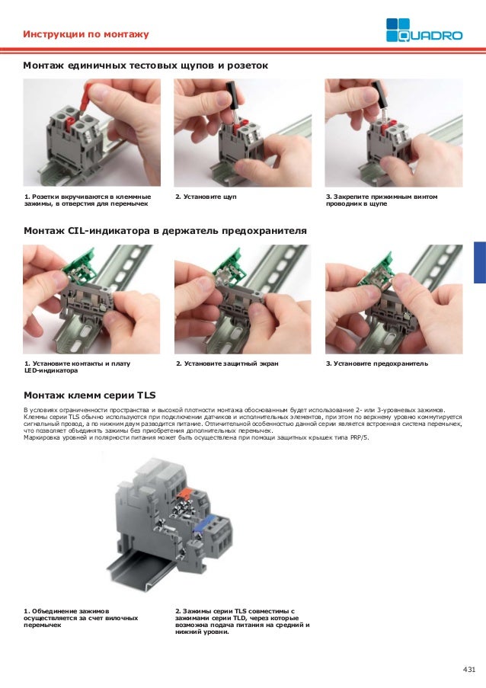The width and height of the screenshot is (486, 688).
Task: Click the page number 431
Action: (x=468, y=669)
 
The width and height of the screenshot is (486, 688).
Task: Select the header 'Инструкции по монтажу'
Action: (x=85, y=35)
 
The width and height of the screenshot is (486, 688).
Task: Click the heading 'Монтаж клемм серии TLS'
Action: (x=89, y=395)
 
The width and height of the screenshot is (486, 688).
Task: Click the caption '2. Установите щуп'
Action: (x=206, y=197)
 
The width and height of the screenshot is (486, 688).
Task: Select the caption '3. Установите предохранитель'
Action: (x=376, y=363)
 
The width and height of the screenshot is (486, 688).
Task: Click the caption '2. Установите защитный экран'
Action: (x=226, y=363)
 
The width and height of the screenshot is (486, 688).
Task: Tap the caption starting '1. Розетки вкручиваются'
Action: (x=87, y=201)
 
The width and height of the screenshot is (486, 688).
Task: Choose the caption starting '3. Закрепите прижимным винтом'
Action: (x=381, y=201)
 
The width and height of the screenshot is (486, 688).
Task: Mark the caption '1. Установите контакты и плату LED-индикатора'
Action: (x=76, y=367)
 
